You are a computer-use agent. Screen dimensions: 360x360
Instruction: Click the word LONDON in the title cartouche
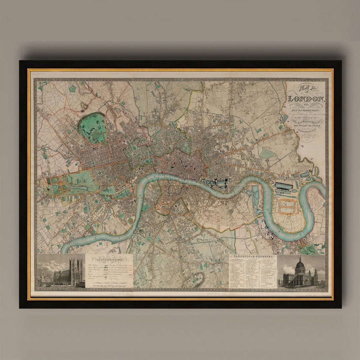[x=306, y=98]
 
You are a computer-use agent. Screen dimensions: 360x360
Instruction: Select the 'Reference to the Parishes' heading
[x=253, y=257]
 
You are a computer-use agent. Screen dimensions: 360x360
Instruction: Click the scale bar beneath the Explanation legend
[x=109, y=285]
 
